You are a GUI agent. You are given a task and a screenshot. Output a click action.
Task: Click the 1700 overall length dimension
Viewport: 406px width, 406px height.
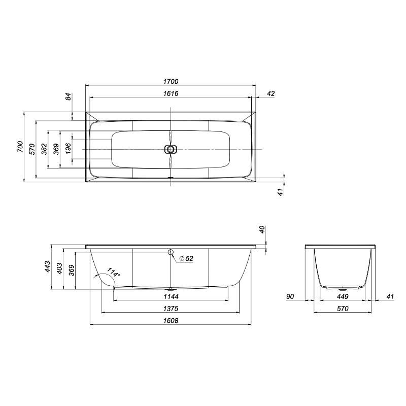coord(171,82)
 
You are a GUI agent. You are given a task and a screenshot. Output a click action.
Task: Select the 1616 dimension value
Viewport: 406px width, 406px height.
coord(171,93)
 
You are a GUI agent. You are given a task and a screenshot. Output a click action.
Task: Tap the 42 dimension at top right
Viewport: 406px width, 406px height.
coord(270,93)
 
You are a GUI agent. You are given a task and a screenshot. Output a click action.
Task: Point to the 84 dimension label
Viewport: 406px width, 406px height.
coord(68,97)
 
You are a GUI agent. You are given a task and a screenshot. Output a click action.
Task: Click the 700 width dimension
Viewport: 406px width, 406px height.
coord(20,147)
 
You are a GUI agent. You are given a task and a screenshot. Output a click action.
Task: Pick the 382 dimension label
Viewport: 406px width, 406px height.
coord(44,149)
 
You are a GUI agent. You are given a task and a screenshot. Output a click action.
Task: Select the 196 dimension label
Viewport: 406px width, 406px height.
coord(68,149)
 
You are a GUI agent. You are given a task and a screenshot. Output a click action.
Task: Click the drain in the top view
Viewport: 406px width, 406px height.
coord(171,149)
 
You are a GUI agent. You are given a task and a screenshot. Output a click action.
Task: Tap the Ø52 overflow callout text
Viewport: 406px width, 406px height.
coord(186,258)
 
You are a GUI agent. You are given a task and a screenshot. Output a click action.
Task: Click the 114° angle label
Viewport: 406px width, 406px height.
coord(114,273)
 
